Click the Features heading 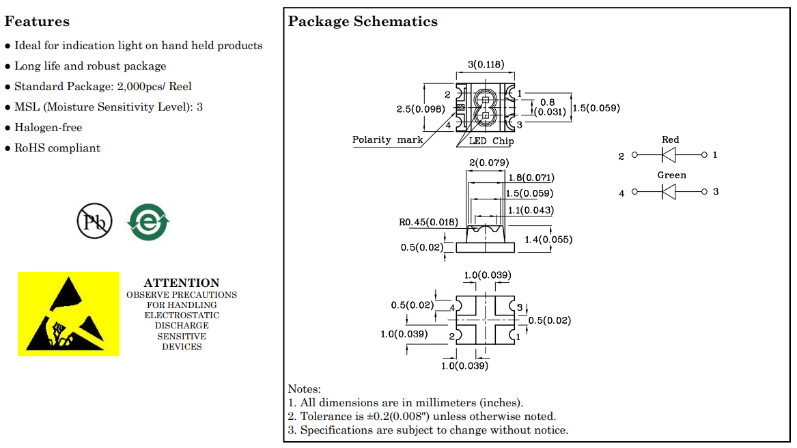(37, 21)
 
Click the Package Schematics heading (363, 21)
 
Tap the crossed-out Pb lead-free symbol (94, 221)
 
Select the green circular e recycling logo (148, 222)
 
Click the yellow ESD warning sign (68, 313)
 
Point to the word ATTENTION (182, 283)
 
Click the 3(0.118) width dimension (486, 65)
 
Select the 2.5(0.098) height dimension (421, 109)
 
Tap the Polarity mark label (387, 140)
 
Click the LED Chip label (491, 141)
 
